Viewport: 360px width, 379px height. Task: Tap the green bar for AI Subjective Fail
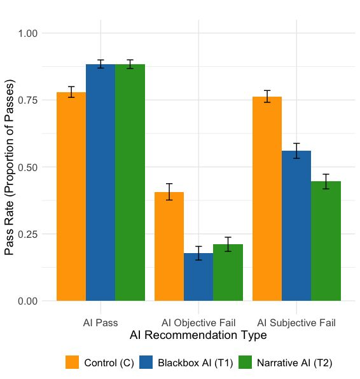click(326, 241)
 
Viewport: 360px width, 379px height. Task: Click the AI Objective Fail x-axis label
click(198, 322)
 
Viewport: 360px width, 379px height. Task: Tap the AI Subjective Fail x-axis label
click(296, 322)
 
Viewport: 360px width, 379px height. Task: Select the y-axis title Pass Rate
click(10, 167)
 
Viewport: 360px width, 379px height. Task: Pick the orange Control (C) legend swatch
click(73, 362)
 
